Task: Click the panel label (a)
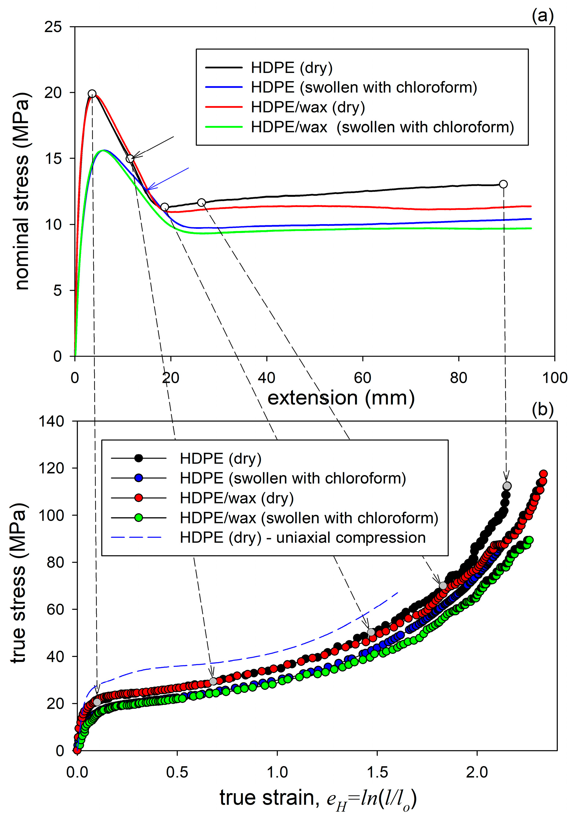(x=542, y=16)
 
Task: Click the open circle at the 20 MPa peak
(x=92, y=94)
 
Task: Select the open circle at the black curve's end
(x=503, y=184)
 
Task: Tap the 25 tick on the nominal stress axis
(x=53, y=27)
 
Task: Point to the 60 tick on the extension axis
(x=363, y=378)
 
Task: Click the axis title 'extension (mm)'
(x=341, y=398)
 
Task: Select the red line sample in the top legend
(x=224, y=107)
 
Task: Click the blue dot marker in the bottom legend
(x=139, y=478)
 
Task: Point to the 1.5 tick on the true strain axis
(x=377, y=772)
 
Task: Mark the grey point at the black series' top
(x=507, y=486)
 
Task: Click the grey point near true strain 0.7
(x=213, y=681)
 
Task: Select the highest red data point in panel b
(x=543, y=474)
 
